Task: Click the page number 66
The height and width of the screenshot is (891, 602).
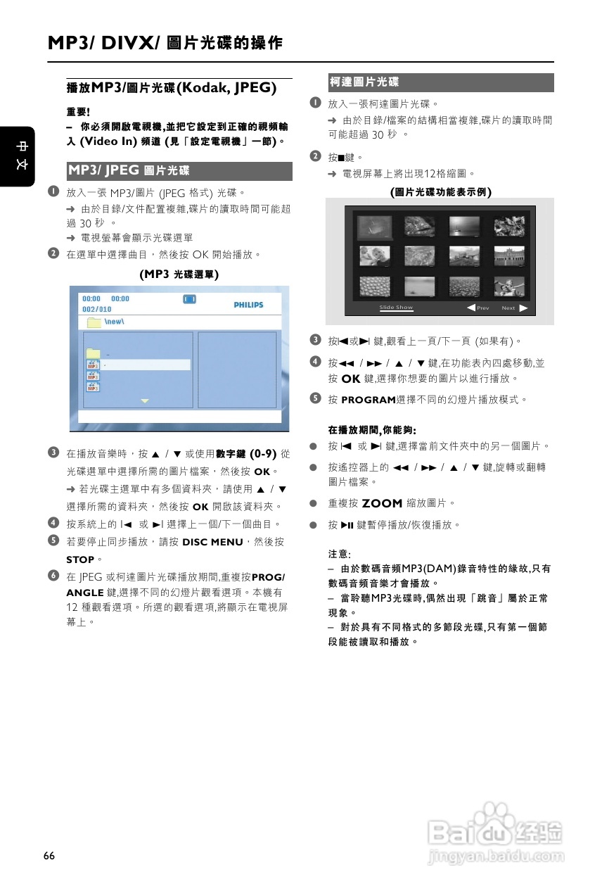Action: point(49,856)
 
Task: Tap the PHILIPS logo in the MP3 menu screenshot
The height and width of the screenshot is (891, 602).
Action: point(248,305)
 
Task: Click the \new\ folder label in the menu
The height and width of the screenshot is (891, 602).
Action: point(115,322)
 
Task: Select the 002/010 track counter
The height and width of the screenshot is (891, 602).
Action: point(97,310)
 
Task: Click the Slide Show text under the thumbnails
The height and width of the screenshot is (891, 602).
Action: point(396,308)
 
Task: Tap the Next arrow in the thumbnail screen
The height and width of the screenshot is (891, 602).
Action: point(523,308)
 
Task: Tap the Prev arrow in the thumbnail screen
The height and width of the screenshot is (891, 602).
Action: point(470,308)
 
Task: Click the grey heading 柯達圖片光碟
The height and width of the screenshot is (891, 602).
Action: point(364,83)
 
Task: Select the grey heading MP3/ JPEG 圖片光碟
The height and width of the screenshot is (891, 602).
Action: point(129,171)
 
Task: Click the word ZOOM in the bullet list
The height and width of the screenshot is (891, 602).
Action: point(382,503)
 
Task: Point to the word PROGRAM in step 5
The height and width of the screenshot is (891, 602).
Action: point(369,400)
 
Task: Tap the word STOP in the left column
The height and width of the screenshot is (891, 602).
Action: point(80,560)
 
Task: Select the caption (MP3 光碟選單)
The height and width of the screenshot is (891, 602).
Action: point(179,274)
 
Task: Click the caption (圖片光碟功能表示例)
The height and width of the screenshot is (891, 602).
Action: point(440,191)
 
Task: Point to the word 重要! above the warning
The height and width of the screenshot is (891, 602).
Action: point(79,112)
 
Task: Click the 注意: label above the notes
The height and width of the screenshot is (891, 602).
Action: point(340,554)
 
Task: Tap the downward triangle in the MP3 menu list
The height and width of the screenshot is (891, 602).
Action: point(145,400)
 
